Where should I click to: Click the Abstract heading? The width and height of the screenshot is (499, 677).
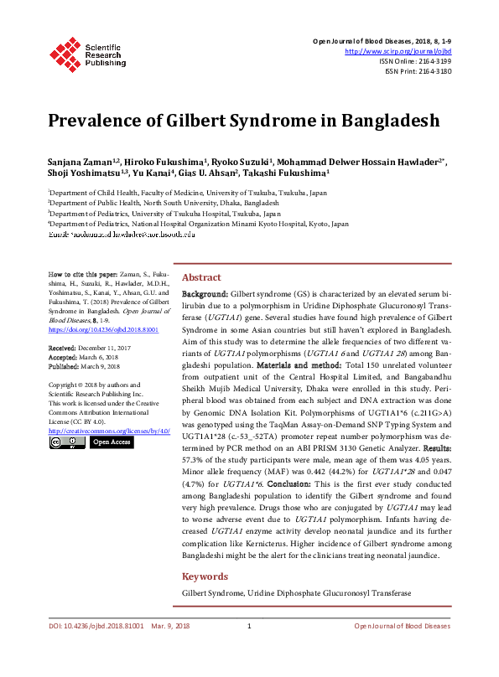point(201,277)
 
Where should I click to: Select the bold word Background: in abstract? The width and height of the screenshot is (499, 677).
point(205,295)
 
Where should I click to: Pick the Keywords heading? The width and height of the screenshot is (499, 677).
point(205,576)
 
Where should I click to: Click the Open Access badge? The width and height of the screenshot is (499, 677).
point(112,442)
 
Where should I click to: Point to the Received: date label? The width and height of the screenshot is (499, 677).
point(62,347)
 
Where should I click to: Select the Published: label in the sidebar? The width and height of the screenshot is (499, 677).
point(64,365)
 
